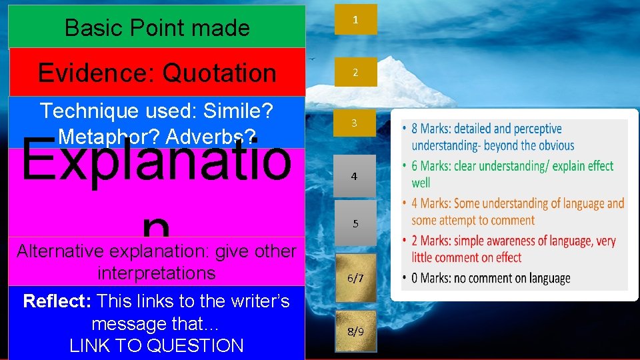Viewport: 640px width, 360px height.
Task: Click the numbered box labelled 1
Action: click(x=355, y=19)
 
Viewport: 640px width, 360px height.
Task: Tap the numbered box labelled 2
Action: click(x=355, y=72)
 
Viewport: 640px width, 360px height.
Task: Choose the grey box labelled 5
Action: click(x=355, y=223)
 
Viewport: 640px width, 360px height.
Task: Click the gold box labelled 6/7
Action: click(x=355, y=279)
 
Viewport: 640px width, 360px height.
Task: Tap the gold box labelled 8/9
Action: click(x=355, y=331)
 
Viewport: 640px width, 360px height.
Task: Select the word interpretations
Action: click(x=156, y=273)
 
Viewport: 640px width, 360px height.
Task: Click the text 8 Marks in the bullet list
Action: click(x=432, y=129)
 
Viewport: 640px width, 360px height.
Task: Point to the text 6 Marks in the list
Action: click(x=432, y=166)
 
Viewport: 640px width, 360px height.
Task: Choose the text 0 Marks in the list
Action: click(x=432, y=278)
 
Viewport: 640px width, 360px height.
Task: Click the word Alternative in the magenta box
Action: click(x=60, y=251)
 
